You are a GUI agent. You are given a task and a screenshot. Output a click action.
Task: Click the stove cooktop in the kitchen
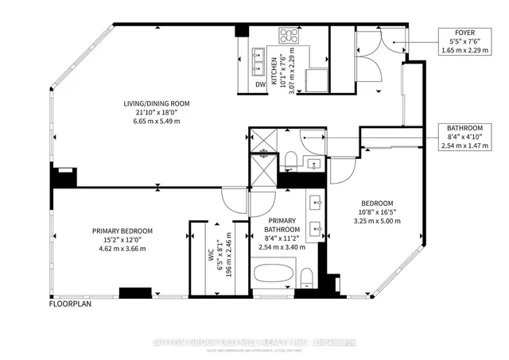(x=289, y=36)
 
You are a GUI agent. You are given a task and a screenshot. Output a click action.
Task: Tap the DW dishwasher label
(x=260, y=84)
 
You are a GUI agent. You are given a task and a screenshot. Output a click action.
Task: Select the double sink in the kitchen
(x=259, y=57)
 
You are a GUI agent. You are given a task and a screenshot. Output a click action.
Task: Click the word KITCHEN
(x=274, y=71)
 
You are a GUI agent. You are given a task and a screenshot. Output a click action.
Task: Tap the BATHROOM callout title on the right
(x=465, y=127)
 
